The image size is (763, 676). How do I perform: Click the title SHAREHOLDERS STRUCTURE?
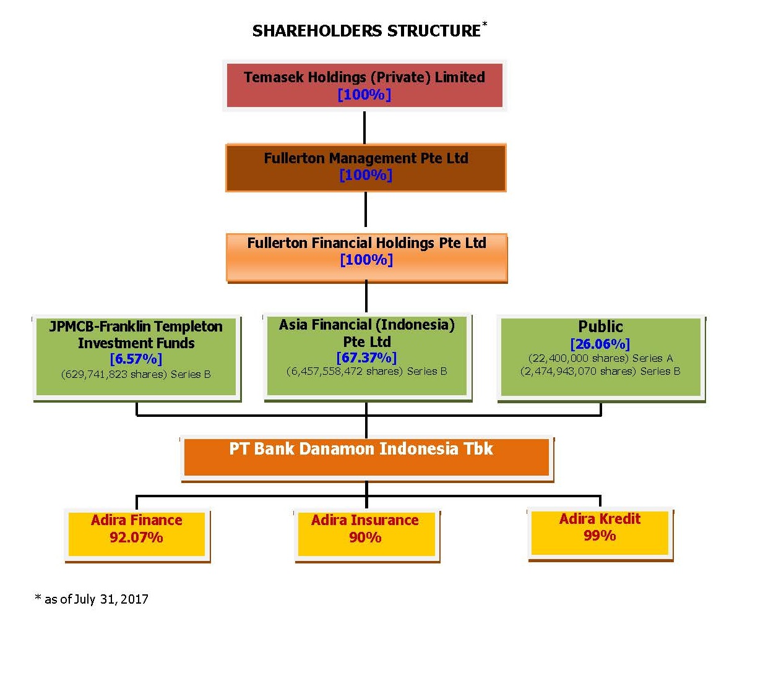[x=366, y=31]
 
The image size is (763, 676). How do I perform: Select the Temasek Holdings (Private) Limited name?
[x=364, y=77]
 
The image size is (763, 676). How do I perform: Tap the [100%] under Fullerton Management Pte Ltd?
[x=366, y=175]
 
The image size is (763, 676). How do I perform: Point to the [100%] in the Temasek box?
[x=364, y=95]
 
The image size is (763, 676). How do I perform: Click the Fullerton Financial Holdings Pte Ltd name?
[x=366, y=243]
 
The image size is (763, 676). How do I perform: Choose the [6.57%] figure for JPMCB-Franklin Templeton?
[x=136, y=359]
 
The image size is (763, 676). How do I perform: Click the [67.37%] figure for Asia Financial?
[x=366, y=357]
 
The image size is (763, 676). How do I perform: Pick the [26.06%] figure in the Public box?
[x=600, y=344]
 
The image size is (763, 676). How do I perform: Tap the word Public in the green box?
[x=600, y=327]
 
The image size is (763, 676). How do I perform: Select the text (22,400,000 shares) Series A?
[x=600, y=358]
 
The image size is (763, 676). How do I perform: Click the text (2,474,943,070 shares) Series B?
[x=600, y=372]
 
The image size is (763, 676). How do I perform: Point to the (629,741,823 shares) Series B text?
[x=136, y=374]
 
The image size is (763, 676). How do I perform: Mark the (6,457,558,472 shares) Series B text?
[x=366, y=372]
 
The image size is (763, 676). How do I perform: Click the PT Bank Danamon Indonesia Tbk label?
[x=361, y=448]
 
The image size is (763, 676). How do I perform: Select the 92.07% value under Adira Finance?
[x=136, y=537]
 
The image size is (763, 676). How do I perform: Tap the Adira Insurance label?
[x=365, y=520]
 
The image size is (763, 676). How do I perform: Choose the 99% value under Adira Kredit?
[x=600, y=536]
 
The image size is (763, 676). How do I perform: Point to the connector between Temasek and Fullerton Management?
[x=364, y=127]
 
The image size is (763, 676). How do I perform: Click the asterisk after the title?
[x=485, y=24]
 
